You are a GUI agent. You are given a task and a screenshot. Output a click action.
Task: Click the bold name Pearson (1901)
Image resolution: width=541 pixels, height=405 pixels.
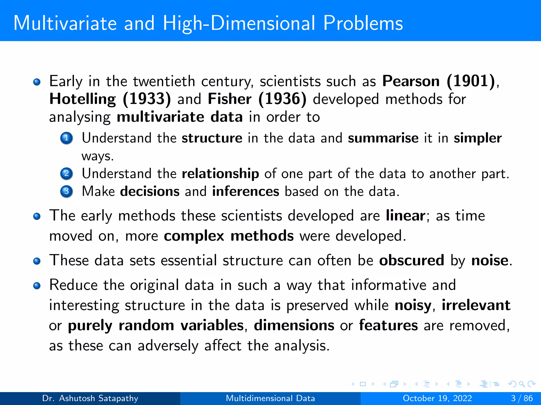tap(439, 81)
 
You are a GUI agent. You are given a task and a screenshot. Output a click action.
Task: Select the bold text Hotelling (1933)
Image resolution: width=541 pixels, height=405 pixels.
tap(110, 99)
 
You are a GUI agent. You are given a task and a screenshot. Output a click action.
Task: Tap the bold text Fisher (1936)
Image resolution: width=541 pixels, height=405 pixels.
tap(257, 99)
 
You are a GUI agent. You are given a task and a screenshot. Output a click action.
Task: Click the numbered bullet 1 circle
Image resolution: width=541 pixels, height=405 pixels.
tap(67, 138)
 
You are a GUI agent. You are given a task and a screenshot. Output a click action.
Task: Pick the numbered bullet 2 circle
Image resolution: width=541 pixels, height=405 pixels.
tap(67, 173)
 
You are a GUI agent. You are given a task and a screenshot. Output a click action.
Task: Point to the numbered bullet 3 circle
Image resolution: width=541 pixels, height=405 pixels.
tap(67, 191)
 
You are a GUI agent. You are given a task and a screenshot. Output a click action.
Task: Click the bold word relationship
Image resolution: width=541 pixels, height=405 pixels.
tap(220, 174)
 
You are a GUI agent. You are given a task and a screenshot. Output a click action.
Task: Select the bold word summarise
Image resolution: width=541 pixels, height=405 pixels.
tap(383, 138)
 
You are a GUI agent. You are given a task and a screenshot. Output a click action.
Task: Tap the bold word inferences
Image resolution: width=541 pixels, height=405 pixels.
tap(245, 191)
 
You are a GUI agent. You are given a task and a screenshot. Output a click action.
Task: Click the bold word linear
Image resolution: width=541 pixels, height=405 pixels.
tap(405, 216)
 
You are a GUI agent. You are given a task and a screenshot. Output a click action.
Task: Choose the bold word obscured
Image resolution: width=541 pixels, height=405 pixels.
tap(412, 261)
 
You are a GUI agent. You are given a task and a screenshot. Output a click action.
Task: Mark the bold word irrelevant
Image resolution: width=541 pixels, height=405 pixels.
tap(476, 305)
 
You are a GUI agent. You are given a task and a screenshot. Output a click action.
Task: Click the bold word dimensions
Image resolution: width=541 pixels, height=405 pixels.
tap(294, 325)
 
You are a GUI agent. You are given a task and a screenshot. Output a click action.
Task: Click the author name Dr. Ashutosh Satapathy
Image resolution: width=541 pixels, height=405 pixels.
tap(90, 398)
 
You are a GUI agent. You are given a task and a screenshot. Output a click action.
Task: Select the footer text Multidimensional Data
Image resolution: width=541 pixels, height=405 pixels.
tap(270, 398)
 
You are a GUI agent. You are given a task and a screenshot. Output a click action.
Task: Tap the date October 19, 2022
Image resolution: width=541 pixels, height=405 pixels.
tap(437, 398)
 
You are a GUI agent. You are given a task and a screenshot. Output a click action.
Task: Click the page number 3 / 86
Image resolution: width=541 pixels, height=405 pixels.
tap(522, 398)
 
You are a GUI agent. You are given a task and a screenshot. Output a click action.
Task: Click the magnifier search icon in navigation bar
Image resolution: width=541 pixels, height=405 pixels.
tap(522, 384)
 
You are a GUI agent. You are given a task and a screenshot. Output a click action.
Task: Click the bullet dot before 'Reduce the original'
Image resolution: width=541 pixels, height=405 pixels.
tap(37, 286)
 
